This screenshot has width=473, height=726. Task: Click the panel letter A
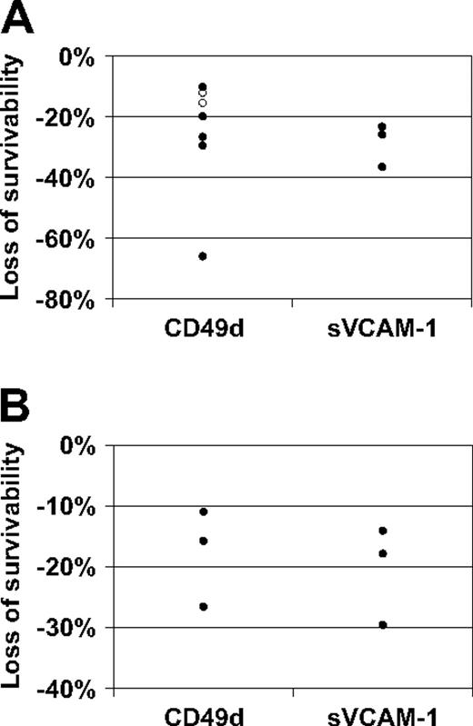click(18, 18)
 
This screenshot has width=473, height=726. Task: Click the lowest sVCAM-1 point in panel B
click(383, 624)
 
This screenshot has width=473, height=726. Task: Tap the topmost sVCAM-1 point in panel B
click(383, 531)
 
